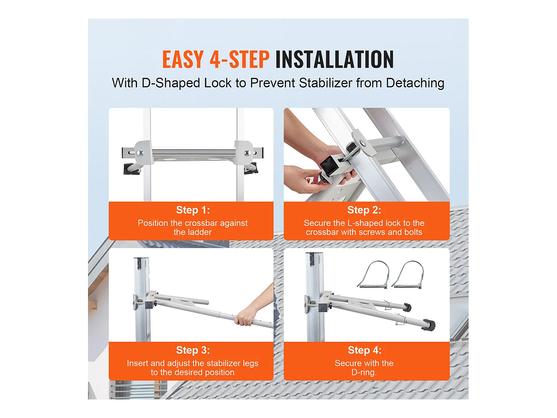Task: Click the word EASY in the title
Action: click(x=183, y=59)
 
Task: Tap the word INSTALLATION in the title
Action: click(x=334, y=59)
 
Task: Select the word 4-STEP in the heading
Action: click(x=240, y=59)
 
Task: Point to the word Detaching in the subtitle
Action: click(x=415, y=83)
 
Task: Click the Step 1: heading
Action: click(x=193, y=210)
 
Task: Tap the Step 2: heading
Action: click(x=364, y=210)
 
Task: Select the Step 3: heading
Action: click(x=193, y=350)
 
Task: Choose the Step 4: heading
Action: click(x=364, y=350)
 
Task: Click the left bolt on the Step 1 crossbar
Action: click(x=140, y=152)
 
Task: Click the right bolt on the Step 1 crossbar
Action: click(x=247, y=153)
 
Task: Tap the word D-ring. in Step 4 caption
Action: click(x=364, y=372)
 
